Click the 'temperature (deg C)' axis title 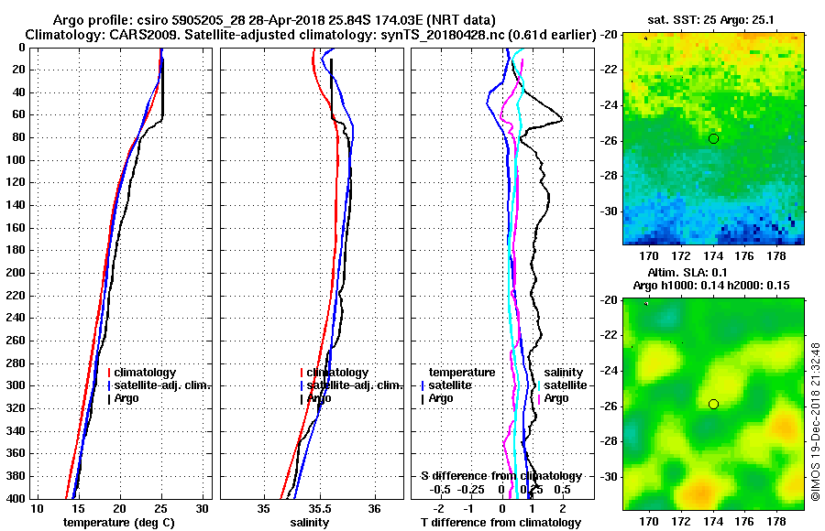(118, 522)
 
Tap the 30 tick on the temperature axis (203, 508)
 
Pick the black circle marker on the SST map (713, 138)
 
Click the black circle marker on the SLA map (713, 404)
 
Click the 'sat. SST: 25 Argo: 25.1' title (713, 19)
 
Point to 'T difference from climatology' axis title (501, 522)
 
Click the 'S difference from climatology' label (501, 476)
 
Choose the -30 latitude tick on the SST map (610, 211)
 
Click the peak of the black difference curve (562, 120)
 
